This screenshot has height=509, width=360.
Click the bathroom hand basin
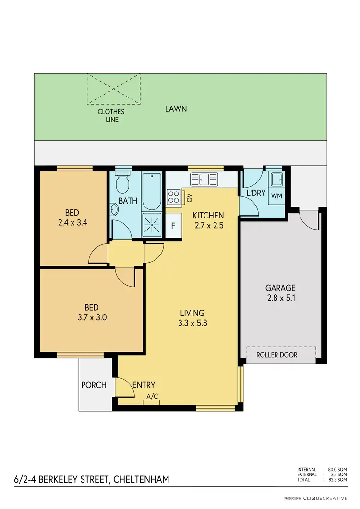pyautogui.click(x=114, y=209)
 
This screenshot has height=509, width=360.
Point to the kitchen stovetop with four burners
pyautogui.click(x=173, y=196)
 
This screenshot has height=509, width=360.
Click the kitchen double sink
pyautogui.click(x=204, y=180)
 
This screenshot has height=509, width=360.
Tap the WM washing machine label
pyautogui.click(x=276, y=196)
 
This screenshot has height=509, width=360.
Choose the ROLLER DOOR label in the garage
pyautogui.click(x=276, y=355)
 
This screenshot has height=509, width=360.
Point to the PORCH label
pyautogui.click(x=94, y=385)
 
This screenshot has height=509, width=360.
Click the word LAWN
pyautogui.click(x=176, y=109)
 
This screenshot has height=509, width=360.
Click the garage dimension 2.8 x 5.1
pyautogui.click(x=280, y=297)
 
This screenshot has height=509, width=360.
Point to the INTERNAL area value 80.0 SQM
pyautogui.click(x=338, y=469)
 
